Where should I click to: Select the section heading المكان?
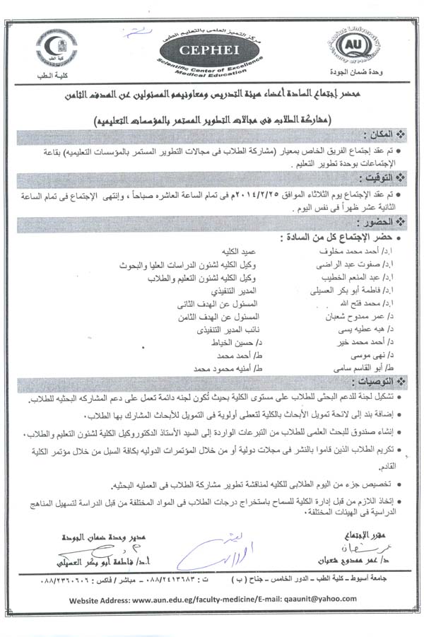click(382, 134)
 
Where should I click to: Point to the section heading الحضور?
click(379, 221)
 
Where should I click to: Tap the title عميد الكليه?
click(232, 250)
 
